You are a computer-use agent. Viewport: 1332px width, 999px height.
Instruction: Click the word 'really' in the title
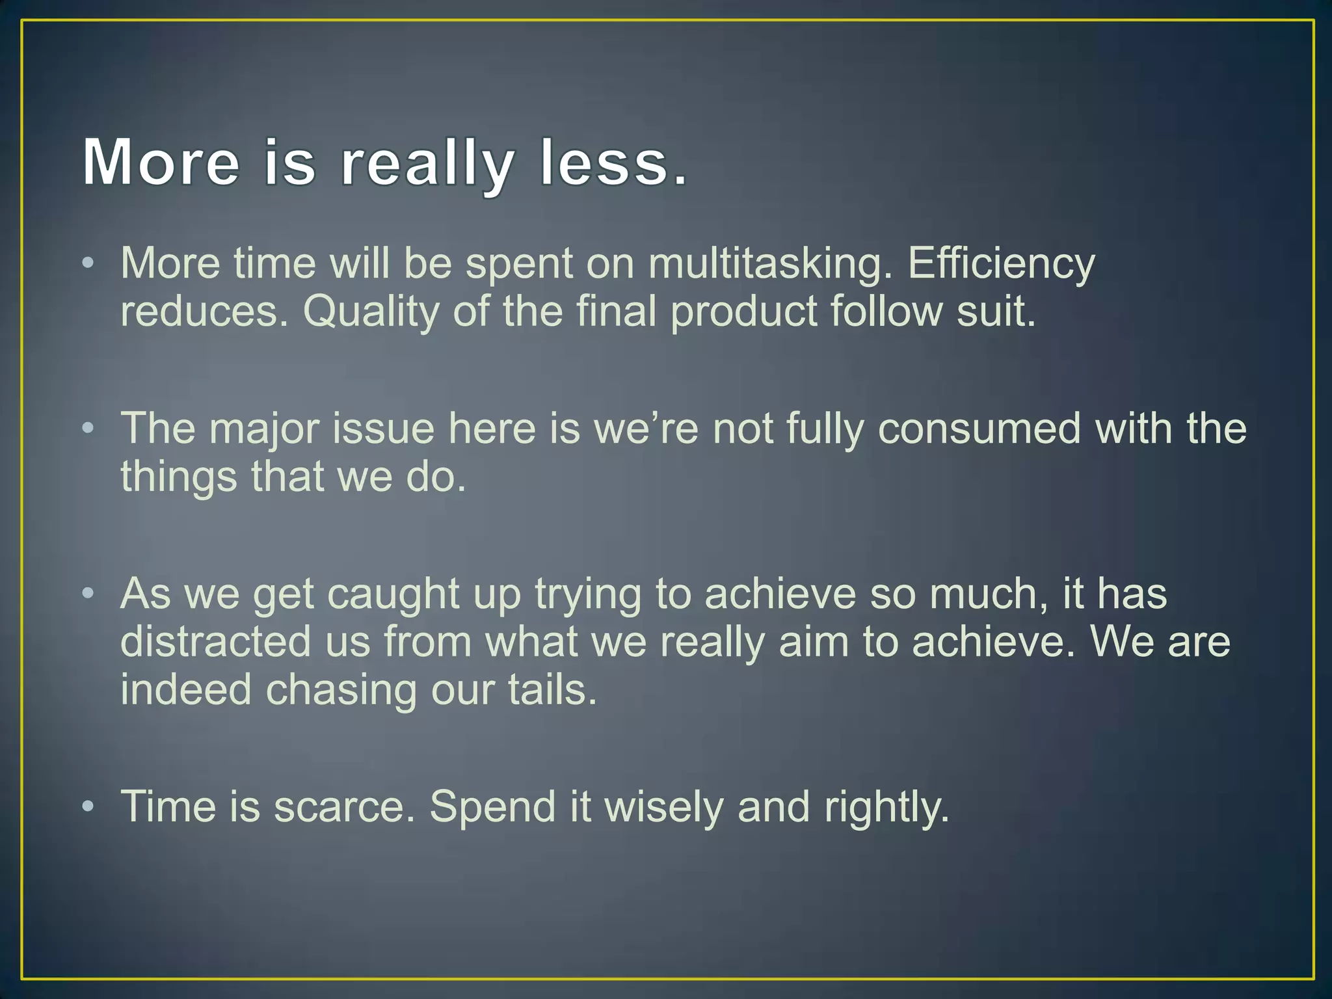(427, 163)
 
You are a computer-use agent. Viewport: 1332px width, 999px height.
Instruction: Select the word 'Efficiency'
(1002, 264)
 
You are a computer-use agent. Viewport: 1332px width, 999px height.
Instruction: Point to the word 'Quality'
(371, 312)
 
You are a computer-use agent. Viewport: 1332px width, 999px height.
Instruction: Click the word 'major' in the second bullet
(264, 429)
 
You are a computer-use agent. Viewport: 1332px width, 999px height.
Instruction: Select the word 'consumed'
(979, 429)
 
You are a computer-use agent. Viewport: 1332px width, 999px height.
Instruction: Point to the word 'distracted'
(216, 643)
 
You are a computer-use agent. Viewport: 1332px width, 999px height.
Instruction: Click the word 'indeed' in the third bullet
(186, 690)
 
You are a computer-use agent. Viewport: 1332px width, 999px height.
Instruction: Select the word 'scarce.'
(344, 807)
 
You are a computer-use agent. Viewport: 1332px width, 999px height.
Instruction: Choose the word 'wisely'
(663, 807)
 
